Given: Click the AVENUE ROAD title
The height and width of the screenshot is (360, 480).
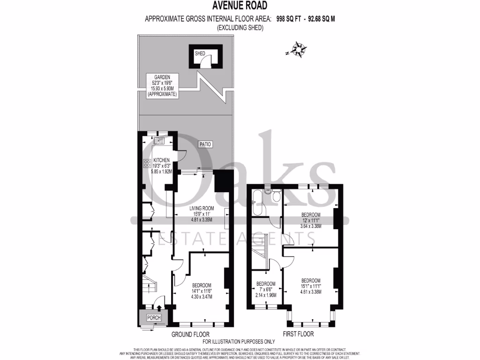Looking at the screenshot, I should pyautogui.click(x=240, y=6).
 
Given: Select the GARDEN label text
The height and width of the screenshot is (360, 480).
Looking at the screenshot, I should pyautogui.click(x=161, y=77).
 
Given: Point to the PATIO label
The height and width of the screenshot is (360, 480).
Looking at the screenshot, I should pyautogui.click(x=204, y=144).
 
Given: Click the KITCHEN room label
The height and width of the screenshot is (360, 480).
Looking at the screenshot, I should pyautogui.click(x=161, y=160).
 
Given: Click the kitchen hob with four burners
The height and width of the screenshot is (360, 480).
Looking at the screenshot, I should pyautogui.click(x=146, y=163).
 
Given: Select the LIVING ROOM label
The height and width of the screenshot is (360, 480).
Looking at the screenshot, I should pyautogui.click(x=202, y=208).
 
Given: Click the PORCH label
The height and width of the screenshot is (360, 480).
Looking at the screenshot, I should pyautogui.click(x=154, y=318).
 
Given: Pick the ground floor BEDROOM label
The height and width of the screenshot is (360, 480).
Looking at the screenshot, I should pyautogui.click(x=201, y=285).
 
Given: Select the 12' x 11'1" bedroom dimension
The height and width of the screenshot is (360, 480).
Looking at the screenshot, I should pyautogui.click(x=310, y=220).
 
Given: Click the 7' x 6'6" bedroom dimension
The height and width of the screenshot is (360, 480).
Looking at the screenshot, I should pyautogui.click(x=265, y=289).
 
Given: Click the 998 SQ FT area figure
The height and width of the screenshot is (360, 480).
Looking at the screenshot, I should pyautogui.click(x=287, y=19).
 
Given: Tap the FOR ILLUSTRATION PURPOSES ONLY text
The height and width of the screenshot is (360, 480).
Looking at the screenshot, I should pyautogui.click(x=239, y=341).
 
